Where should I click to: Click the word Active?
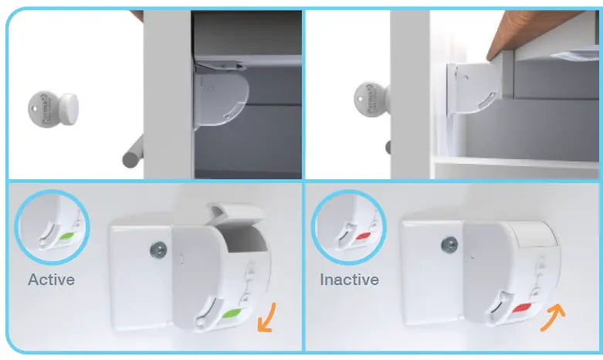(51, 279)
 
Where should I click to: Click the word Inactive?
(349, 279)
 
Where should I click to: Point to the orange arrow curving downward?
(267, 318)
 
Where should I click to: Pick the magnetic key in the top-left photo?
(48, 108)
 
